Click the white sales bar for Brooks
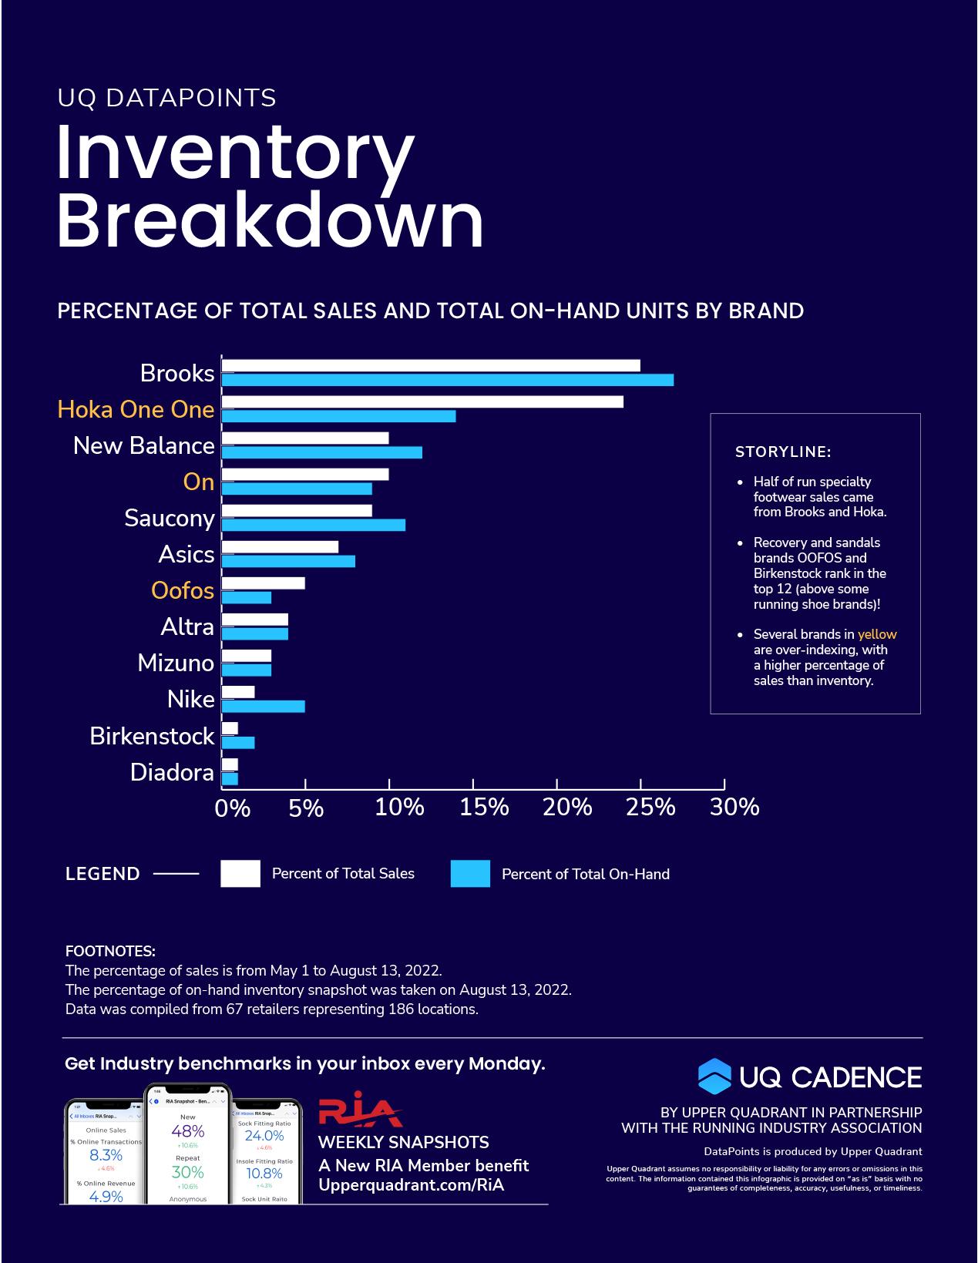(431, 365)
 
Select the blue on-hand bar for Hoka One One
(339, 416)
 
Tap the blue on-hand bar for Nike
(264, 707)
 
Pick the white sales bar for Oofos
(264, 583)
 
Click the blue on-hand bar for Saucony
(314, 525)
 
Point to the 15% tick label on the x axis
(484, 807)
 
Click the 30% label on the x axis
(734, 807)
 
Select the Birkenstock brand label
(152, 736)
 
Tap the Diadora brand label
(172, 772)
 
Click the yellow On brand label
(198, 482)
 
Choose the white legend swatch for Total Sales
(240, 874)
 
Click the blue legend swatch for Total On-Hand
(470, 874)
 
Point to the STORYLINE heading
(783, 452)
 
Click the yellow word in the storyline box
(877, 635)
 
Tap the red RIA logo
(360, 1110)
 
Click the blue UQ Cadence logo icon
(714, 1077)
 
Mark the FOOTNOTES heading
(110, 952)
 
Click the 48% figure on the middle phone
(188, 1131)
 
